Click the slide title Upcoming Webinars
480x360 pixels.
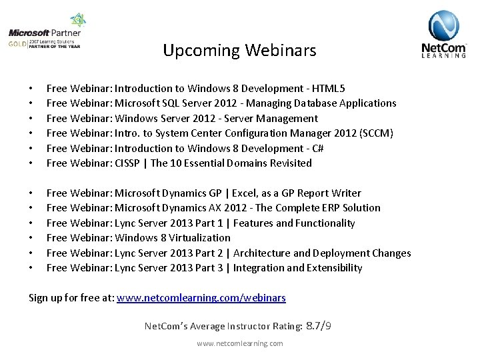pos(239,51)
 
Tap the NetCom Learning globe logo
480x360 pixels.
pos(443,34)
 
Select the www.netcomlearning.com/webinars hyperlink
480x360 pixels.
pos(201,298)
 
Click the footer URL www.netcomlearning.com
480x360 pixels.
pos(239,343)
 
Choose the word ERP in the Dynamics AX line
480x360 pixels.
pos(323,208)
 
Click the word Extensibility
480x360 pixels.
pos(334,268)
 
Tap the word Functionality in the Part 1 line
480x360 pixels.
pos(324,223)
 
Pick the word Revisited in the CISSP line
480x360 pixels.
pos(291,163)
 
